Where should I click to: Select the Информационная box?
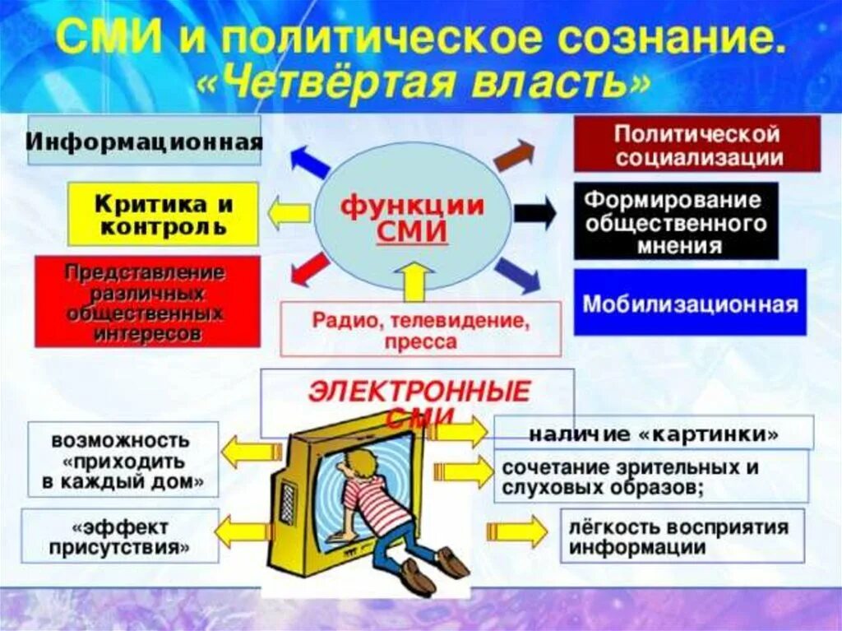pyautogui.click(x=145, y=140)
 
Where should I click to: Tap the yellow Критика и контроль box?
pyautogui.click(x=163, y=214)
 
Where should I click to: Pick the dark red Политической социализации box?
pyautogui.click(x=696, y=144)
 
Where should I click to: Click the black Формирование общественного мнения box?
pyautogui.click(x=675, y=221)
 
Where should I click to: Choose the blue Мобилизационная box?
pyautogui.click(x=690, y=303)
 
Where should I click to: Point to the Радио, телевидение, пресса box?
pyautogui.click(x=420, y=329)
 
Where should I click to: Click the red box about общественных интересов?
pyautogui.click(x=147, y=301)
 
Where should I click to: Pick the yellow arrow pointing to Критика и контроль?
pyautogui.click(x=289, y=214)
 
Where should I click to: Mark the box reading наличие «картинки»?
pyautogui.click(x=654, y=433)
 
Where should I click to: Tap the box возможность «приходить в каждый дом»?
pyautogui.click(x=123, y=460)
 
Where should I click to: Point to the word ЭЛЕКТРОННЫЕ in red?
pyautogui.click(x=419, y=392)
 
